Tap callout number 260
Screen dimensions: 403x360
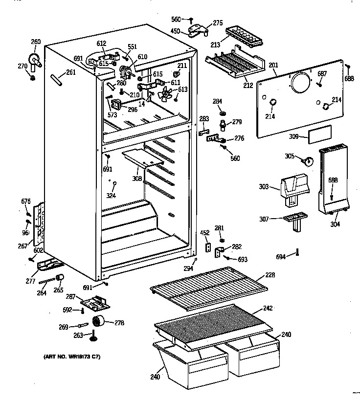[x=35, y=42]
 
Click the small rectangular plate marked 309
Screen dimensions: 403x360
[x=318, y=133]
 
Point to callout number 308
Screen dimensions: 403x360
[x=137, y=179]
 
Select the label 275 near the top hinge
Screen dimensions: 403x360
[x=217, y=22]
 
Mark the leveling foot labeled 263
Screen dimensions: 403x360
[x=92, y=336]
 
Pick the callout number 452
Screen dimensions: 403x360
[x=204, y=233]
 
